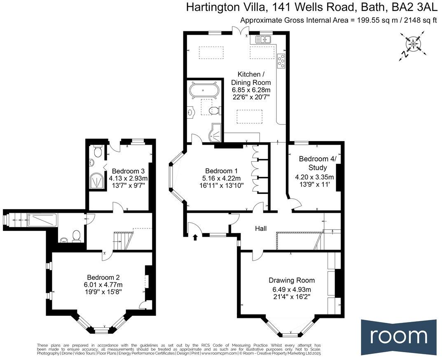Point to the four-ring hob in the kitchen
tap(282, 60)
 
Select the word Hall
tap(260, 228)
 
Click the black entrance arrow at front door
tap(195, 237)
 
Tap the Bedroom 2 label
tap(103, 277)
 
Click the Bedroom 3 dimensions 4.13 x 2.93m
tap(128, 179)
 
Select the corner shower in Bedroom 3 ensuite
tap(97, 180)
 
